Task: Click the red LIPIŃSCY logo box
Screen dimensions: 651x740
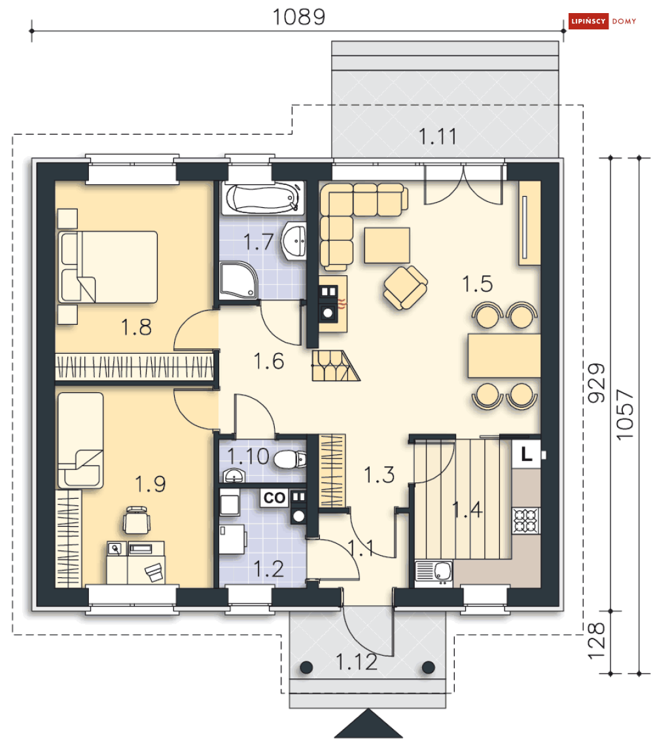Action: point(588,21)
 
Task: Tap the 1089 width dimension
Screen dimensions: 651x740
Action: point(299,17)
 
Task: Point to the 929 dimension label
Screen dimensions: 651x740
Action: point(596,382)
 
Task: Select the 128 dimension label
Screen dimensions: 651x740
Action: point(596,641)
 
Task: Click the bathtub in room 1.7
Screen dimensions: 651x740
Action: point(262,199)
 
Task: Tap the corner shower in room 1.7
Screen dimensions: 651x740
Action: point(239,281)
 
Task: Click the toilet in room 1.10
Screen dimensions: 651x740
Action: point(290,459)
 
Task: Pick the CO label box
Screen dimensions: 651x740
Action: point(274,498)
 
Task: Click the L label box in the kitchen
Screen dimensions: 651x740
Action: point(526,454)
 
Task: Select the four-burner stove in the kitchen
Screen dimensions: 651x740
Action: point(526,520)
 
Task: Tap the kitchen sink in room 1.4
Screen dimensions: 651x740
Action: point(434,573)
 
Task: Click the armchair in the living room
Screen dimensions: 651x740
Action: point(406,288)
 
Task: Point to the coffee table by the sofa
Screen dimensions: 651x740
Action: point(387,245)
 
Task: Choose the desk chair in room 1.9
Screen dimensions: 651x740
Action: point(137,520)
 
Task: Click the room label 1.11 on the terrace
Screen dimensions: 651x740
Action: point(438,137)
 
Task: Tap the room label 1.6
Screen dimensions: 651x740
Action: point(269,362)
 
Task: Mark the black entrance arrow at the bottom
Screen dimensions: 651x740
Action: point(368,724)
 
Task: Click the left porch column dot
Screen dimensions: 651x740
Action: point(306,667)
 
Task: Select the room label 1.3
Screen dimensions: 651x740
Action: point(379,475)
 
